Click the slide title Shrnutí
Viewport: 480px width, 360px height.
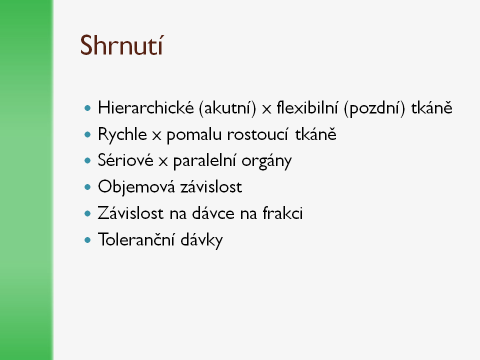click(x=121, y=45)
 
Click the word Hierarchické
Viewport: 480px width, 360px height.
click(x=145, y=108)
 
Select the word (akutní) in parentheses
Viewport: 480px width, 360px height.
click(x=227, y=108)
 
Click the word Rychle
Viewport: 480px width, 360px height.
click(x=122, y=134)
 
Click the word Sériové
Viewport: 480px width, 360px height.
click(x=125, y=160)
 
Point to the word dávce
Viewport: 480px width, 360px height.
click(x=213, y=213)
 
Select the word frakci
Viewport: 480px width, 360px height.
click(x=283, y=213)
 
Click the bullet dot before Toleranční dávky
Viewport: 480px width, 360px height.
click(x=87, y=239)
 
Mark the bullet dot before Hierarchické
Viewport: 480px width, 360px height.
click(x=87, y=108)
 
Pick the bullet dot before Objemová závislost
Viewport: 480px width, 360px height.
click(x=87, y=186)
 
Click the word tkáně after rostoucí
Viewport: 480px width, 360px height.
click(x=315, y=134)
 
